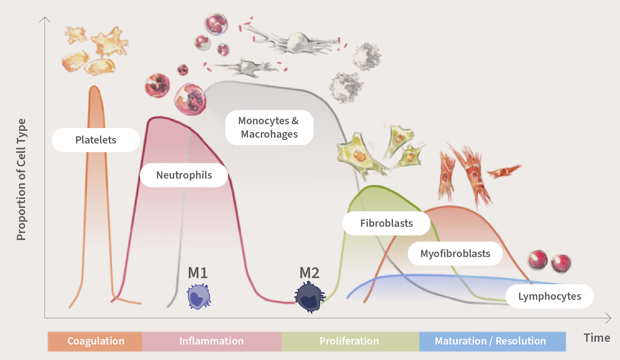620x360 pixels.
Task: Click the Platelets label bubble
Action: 96,140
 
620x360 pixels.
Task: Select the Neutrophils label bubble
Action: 184,175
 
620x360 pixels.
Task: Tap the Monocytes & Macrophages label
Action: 269,128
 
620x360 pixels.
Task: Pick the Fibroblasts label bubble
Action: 386,223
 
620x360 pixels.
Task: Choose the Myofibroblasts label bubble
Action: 455,254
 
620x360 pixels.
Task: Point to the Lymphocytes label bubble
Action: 549,296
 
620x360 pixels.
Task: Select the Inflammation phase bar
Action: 211,341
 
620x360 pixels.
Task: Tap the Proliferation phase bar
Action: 349,341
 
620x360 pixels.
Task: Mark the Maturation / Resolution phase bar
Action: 490,341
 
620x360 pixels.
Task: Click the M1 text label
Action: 198,273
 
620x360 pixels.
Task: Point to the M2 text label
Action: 309,273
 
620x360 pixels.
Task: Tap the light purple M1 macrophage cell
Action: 199,297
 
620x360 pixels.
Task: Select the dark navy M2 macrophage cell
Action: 310,297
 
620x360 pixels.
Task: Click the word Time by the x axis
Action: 597,338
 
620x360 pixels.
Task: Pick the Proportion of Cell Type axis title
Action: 21,179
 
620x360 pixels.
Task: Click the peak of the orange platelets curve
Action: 94,87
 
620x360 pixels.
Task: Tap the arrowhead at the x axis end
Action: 609,318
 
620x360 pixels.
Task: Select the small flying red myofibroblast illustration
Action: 504,171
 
